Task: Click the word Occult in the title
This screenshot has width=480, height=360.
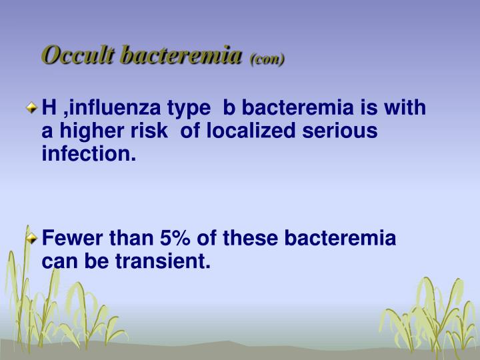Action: pos(78,55)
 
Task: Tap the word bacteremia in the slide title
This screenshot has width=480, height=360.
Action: pos(181,55)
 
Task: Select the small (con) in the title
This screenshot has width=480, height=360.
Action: pos(267,59)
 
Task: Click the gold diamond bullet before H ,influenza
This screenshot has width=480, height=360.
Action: pos(31,108)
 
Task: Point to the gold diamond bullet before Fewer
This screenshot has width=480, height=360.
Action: pos(31,238)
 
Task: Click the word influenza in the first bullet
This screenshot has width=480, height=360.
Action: pos(115,108)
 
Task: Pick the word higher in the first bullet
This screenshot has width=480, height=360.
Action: pos(92,132)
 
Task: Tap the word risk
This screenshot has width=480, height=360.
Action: pos(149,131)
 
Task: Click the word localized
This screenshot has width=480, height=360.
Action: pos(251,131)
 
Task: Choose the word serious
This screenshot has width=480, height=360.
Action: pos(340,131)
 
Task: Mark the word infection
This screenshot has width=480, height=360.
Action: pos(89,153)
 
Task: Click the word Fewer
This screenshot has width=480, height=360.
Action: pos(72,238)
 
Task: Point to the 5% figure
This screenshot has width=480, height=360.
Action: pos(175,238)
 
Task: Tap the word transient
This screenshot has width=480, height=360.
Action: pos(163,261)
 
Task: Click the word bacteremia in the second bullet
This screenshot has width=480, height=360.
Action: pos(340,238)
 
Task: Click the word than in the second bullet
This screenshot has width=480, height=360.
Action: pos(131,238)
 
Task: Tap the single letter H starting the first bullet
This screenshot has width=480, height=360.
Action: pos(49,108)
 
